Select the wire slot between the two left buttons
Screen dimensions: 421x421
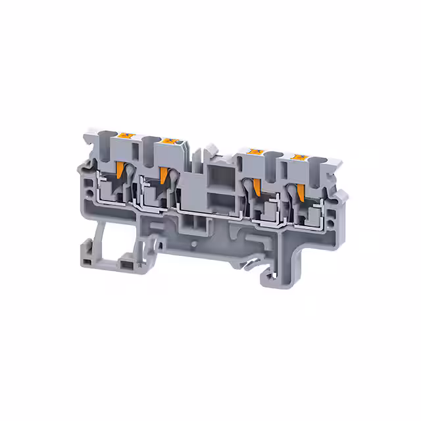(x=147, y=143)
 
